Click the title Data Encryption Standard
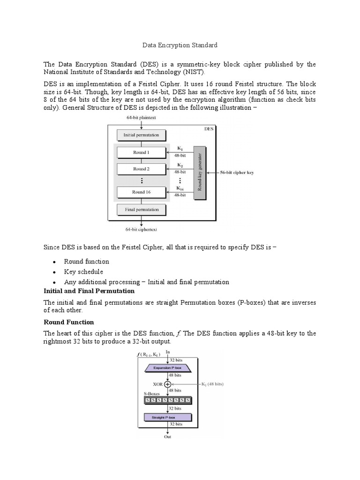[180, 45]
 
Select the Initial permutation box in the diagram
[141, 135]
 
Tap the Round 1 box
[141, 152]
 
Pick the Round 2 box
[141, 169]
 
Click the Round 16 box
[141, 192]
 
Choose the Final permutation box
[141, 210]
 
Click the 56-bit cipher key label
[237, 172]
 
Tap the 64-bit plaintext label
[141, 118]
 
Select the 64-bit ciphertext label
[141, 229]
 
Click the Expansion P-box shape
[167, 368]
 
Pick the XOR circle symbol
[167, 384]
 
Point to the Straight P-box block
[167, 417]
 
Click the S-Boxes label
[150, 393]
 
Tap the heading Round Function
[69, 322]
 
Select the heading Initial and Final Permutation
[89, 291]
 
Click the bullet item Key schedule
[83, 272]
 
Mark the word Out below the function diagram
[167, 437]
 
